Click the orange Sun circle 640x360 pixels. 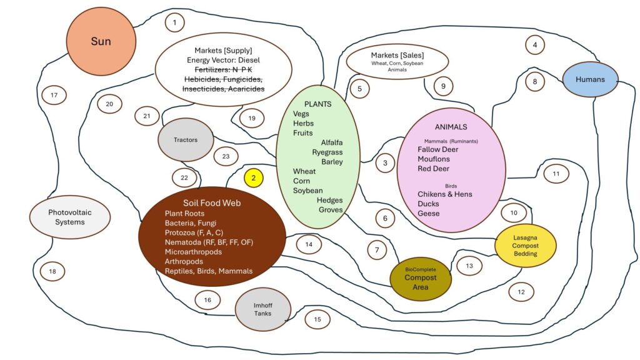point(101,41)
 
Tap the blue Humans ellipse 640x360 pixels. point(590,79)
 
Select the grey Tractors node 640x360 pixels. point(186,139)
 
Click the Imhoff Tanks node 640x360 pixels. point(263,309)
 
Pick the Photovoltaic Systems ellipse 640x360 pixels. point(70,217)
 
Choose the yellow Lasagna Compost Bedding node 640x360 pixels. point(525,245)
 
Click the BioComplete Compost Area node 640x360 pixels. point(421,279)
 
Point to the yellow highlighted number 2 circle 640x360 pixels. point(254,178)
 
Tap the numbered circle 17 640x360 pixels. point(54,95)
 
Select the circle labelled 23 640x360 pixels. point(226,156)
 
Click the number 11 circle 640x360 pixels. point(556,174)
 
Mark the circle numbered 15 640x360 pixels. point(317,319)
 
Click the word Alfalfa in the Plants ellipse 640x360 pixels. point(332,142)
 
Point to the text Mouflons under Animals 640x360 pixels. point(434,159)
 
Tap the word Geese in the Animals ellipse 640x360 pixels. point(429,214)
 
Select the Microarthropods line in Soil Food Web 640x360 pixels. point(193,252)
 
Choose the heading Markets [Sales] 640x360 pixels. point(397,55)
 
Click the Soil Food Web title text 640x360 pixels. point(212,203)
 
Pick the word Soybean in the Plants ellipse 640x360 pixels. point(307,191)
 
